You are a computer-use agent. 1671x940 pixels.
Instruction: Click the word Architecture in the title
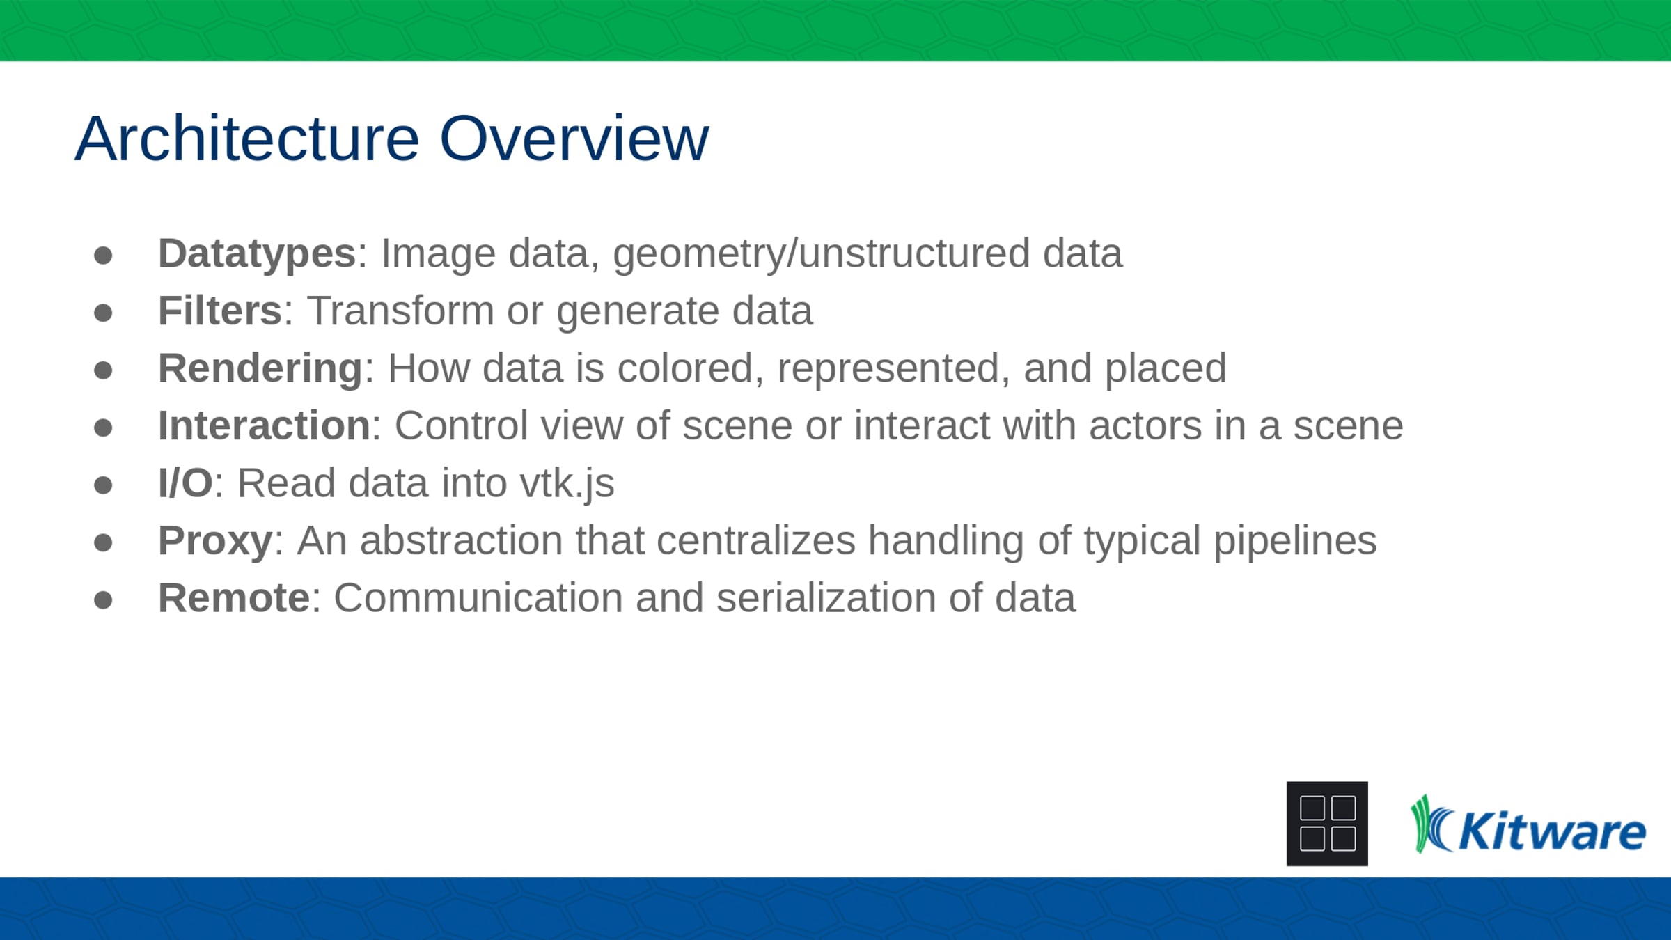click(x=247, y=139)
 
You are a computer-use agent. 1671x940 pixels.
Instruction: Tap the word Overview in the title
click(x=574, y=139)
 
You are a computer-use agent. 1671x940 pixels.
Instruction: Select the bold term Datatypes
click(x=257, y=254)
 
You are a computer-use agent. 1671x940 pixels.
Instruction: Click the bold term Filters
click(x=220, y=311)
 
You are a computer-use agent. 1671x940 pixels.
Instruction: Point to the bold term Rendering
click(x=260, y=369)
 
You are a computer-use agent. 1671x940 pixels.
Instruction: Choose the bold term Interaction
click(x=264, y=425)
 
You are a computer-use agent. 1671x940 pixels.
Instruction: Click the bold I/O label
click(x=185, y=483)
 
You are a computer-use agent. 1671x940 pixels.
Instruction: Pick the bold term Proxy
click(x=215, y=542)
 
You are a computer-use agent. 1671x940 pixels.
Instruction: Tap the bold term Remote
click(x=234, y=598)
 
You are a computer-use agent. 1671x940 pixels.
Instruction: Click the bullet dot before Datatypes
click(x=103, y=256)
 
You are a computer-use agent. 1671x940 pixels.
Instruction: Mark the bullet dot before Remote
click(x=103, y=600)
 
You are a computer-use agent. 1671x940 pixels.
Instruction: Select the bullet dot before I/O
click(x=103, y=485)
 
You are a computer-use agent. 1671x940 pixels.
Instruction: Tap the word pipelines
click(x=1295, y=542)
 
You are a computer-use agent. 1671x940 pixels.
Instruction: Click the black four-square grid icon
click(x=1327, y=824)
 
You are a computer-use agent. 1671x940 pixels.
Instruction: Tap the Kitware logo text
click(x=1552, y=831)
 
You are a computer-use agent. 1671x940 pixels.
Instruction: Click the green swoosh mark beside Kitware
click(x=1431, y=824)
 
